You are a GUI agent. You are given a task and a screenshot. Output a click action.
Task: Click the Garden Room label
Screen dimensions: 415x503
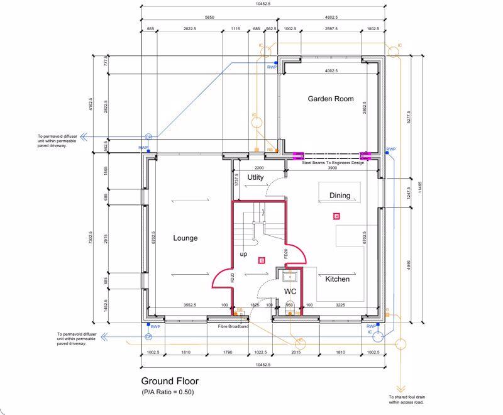330,99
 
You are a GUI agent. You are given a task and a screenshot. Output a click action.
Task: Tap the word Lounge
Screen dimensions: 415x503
185,238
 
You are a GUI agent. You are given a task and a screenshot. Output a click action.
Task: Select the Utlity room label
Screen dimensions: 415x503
255,178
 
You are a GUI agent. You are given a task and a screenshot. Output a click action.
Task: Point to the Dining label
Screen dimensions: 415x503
340,196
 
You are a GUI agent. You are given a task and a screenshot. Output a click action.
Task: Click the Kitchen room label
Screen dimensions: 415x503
337,279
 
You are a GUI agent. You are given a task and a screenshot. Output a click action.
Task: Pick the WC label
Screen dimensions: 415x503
290,292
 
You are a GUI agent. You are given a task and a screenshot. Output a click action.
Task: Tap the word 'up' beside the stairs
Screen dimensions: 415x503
243,254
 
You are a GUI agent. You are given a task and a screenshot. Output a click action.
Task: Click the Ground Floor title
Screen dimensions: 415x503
169,381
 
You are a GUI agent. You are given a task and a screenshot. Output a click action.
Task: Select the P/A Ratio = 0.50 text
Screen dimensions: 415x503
167,392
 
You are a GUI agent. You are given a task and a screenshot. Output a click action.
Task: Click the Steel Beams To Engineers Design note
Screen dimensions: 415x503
333,163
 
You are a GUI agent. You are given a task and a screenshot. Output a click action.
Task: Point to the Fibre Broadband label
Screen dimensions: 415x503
233,327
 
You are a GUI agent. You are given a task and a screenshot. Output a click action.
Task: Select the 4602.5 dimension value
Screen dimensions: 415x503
331,18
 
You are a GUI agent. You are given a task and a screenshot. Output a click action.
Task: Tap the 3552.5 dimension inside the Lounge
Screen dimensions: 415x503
190,305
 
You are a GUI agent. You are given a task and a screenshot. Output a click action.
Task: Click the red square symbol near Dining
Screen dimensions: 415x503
337,216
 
